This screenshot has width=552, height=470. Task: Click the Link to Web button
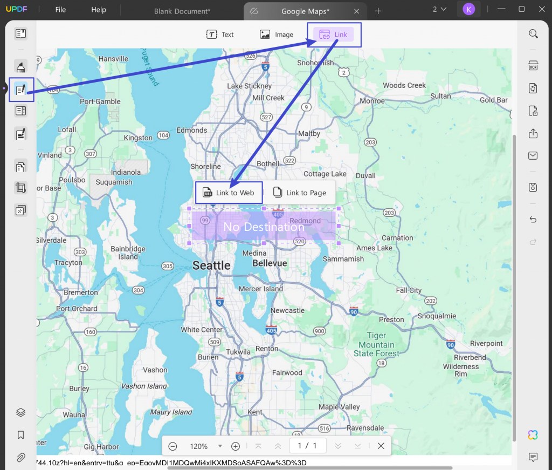coord(229,193)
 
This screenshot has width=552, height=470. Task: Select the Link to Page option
coord(299,193)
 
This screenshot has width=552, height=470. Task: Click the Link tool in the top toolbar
coord(334,35)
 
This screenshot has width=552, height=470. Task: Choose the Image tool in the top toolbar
coord(277,35)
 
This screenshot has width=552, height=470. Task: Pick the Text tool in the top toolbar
coord(220,35)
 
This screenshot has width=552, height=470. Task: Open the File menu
coord(60,10)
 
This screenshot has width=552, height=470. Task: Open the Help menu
coord(99,10)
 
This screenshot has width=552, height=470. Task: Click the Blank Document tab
coord(182,11)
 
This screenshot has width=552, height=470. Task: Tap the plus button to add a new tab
coord(378,11)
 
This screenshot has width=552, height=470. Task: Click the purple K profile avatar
coord(468,9)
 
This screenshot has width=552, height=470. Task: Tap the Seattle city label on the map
coord(211,265)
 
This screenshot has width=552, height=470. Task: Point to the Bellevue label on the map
coord(270,263)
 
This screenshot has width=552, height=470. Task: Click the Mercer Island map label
coord(261,289)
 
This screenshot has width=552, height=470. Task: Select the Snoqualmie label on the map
coord(437,316)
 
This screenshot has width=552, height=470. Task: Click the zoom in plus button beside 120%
coord(236,446)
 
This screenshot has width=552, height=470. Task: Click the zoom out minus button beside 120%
coord(172,446)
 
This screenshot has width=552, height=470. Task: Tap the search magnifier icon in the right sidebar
coord(533,34)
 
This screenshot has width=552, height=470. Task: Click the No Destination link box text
coord(264,227)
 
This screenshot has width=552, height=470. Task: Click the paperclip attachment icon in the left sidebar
coord(20,457)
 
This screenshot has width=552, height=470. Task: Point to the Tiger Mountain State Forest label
coord(377,344)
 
